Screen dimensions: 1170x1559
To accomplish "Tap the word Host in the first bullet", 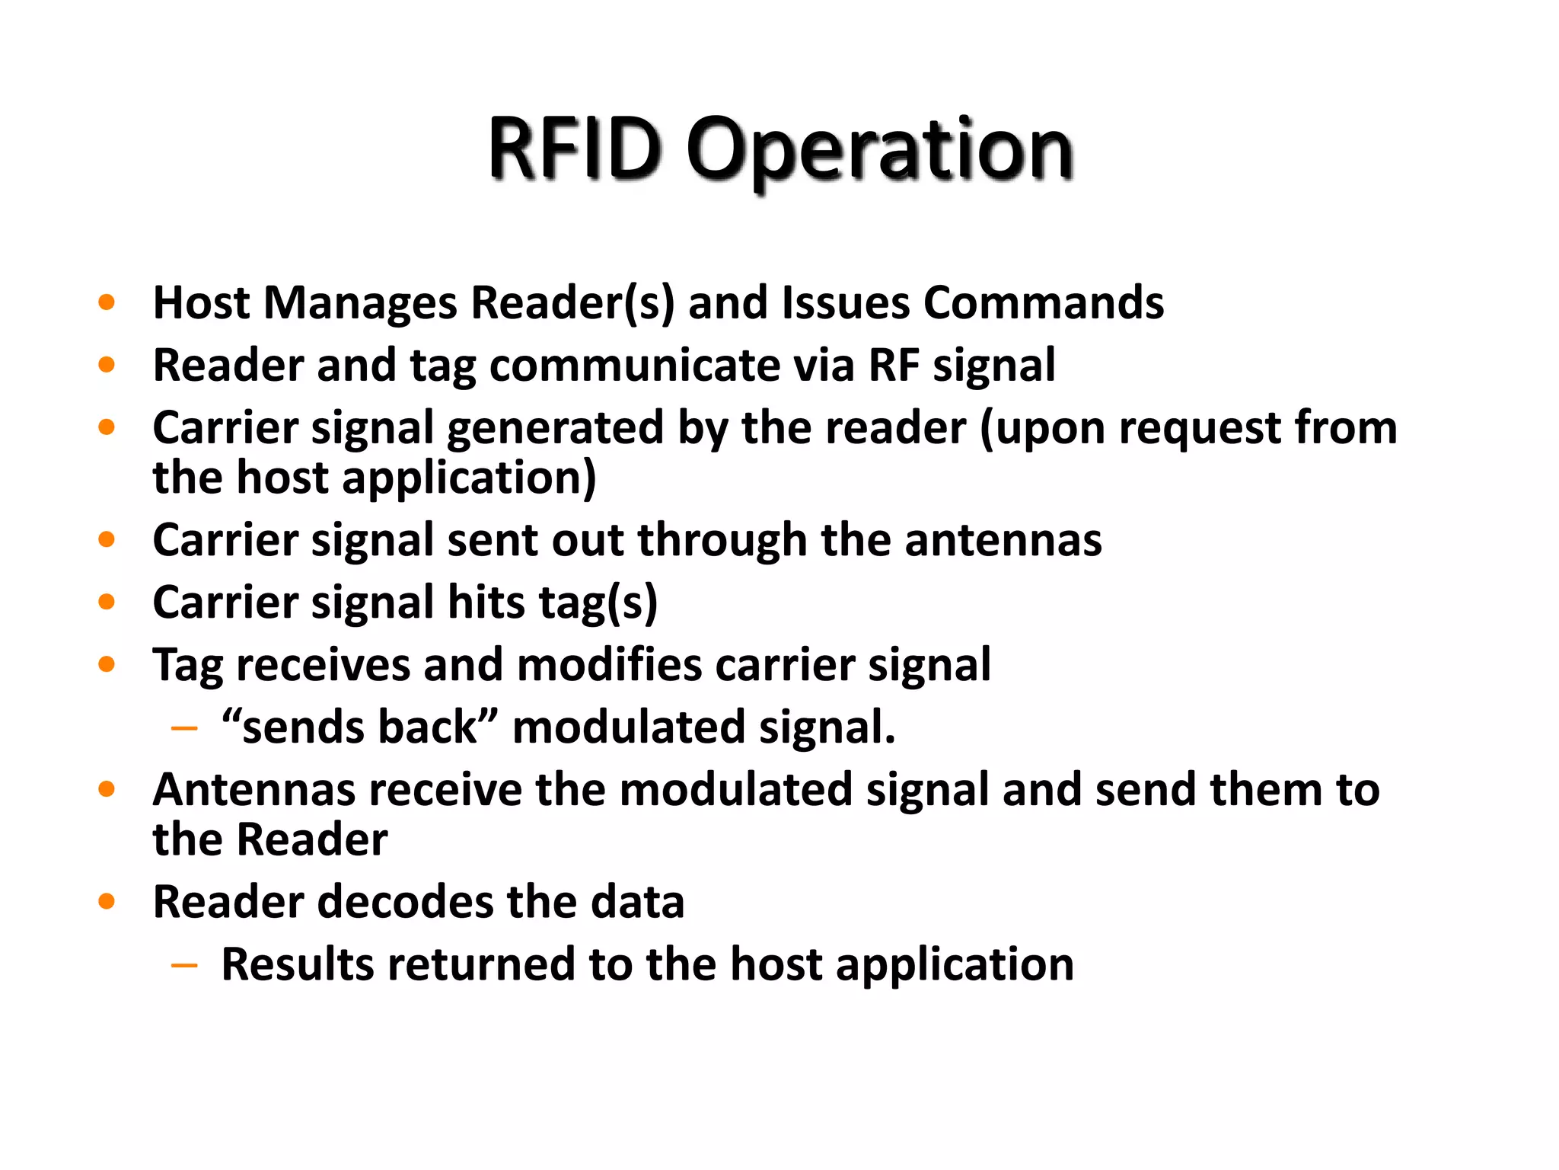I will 201,303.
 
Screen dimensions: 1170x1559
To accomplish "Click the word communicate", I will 634,366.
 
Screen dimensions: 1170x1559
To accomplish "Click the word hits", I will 486,603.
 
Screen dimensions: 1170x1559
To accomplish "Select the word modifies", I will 609,665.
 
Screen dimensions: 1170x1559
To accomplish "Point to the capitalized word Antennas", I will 254,790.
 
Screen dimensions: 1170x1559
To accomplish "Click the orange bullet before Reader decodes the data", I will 107,903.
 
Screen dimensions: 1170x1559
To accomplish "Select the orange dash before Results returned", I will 184,966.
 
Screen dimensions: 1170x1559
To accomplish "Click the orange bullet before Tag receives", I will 107,665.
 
